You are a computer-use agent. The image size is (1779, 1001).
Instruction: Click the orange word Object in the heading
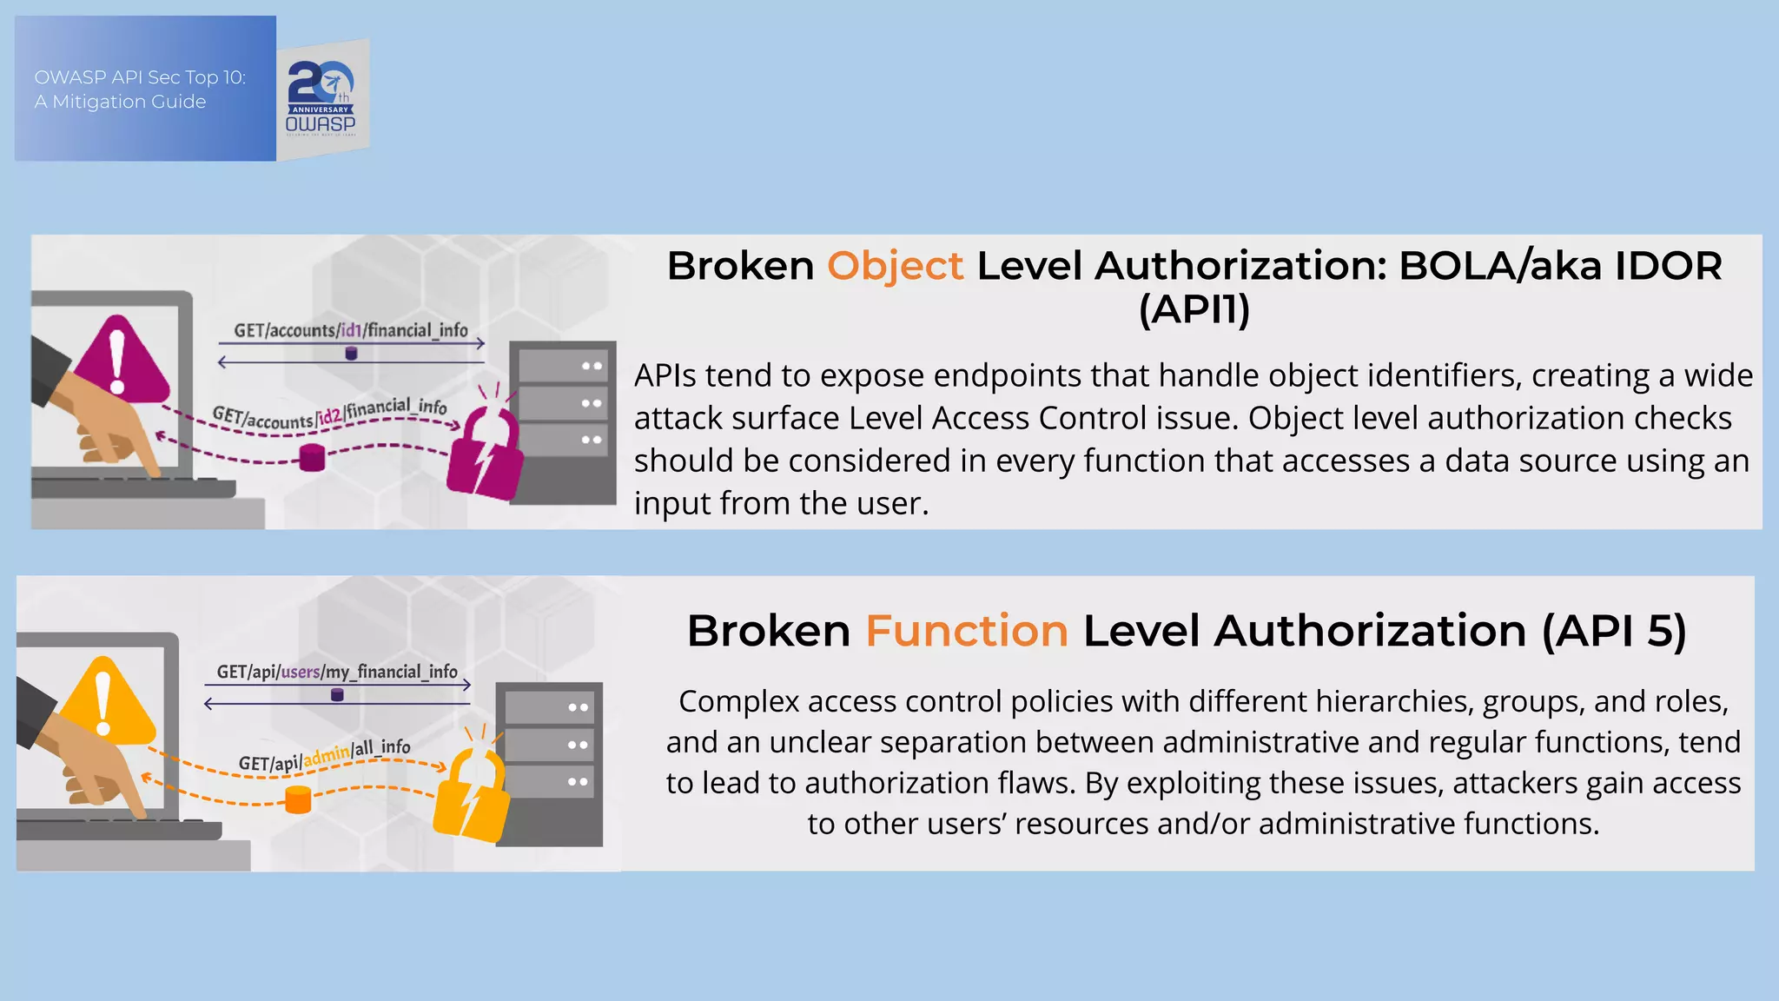[895, 266]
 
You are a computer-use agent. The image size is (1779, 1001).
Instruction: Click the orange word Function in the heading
[966, 631]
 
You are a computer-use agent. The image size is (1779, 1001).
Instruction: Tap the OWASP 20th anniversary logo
[322, 98]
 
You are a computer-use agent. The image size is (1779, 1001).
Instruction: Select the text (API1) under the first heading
[1194, 309]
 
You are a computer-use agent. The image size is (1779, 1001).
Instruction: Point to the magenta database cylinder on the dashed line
[312, 457]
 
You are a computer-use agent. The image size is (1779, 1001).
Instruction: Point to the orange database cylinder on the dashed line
[298, 799]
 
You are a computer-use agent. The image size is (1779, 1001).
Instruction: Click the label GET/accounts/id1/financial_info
[350, 330]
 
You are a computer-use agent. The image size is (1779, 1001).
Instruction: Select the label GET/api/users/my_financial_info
[337, 672]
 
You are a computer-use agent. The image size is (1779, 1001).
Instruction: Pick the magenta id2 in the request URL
[329, 416]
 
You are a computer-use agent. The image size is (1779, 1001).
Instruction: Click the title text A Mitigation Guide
[120, 102]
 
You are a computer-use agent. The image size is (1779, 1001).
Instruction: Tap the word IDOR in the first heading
[1668, 266]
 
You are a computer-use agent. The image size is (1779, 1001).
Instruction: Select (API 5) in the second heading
[1613, 631]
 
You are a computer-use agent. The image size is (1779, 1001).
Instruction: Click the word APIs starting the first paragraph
[665, 376]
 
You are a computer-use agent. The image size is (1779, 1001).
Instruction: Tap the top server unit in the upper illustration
[561, 367]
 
